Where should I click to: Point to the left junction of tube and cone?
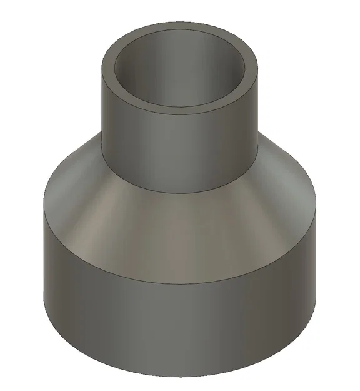pos(102,135)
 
